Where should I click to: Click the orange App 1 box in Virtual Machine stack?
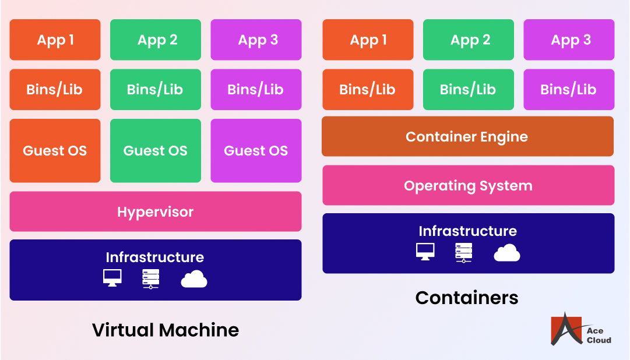tap(55, 40)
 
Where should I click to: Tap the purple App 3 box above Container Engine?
tap(569, 40)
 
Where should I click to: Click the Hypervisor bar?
tap(155, 211)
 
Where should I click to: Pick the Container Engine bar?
tap(467, 136)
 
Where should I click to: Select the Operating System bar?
tap(468, 185)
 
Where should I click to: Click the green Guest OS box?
tap(155, 150)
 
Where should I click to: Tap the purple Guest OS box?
tap(256, 150)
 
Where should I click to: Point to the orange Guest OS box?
tap(55, 150)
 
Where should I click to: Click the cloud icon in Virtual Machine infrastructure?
tap(194, 280)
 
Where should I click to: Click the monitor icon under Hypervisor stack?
tap(112, 278)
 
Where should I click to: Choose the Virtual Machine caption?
tap(166, 330)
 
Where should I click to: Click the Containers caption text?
tap(467, 298)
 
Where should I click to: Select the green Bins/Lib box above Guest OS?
tap(155, 89)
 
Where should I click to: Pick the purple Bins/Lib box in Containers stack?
tap(569, 89)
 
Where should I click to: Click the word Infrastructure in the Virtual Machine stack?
tap(155, 257)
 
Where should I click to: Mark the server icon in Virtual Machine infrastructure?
tap(151, 279)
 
